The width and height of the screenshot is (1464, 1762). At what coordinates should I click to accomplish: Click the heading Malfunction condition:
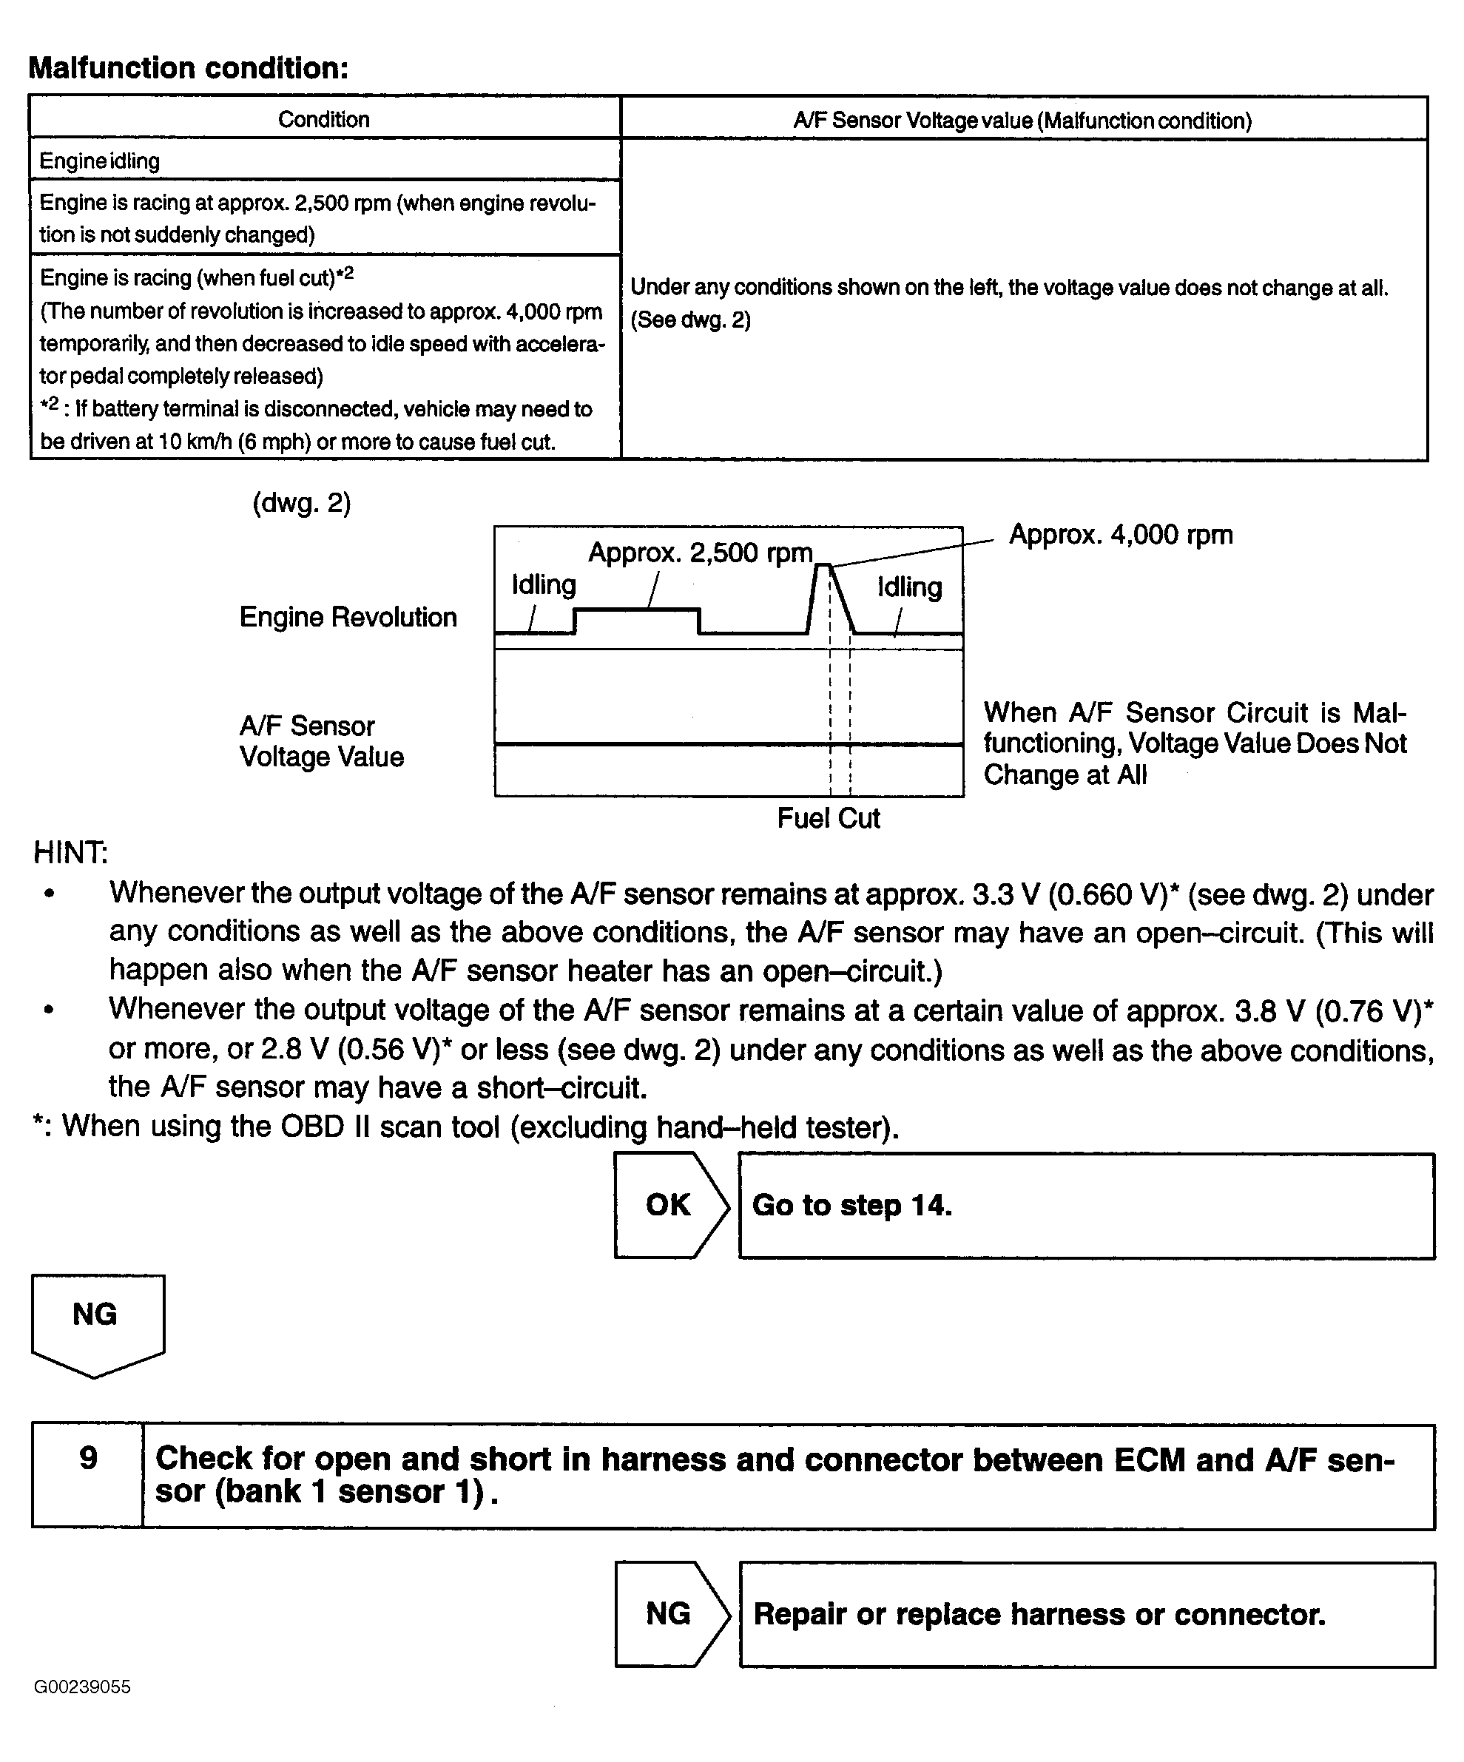pos(188,68)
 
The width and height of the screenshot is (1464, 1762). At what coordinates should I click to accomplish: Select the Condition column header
pos(324,119)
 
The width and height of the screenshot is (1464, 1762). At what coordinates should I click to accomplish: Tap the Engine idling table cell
pos(100,161)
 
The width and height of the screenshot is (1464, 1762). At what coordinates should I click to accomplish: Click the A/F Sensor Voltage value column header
pos(1022,121)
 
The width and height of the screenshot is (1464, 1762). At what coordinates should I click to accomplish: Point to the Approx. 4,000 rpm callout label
pos(1120,535)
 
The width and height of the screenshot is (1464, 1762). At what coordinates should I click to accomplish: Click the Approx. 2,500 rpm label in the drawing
pos(700,553)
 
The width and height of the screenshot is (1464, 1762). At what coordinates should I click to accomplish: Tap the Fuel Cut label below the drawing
pos(828,818)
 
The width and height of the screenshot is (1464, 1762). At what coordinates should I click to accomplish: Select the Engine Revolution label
pos(348,617)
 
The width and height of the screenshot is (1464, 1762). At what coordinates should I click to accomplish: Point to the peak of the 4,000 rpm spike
pos(823,567)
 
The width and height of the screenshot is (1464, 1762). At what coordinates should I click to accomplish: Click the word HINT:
pos(70,852)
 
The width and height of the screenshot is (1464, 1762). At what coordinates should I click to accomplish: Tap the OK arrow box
pos(669,1205)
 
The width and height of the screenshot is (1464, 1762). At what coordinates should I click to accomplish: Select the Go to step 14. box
pos(1086,1206)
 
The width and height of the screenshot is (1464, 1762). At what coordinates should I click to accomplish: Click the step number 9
pos(88,1458)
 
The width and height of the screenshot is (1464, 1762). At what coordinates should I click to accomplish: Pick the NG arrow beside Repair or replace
pos(669,1613)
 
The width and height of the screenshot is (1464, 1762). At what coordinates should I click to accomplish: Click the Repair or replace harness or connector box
pos(1086,1613)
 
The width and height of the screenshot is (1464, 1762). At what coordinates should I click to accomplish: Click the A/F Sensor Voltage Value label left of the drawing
pos(321,741)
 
